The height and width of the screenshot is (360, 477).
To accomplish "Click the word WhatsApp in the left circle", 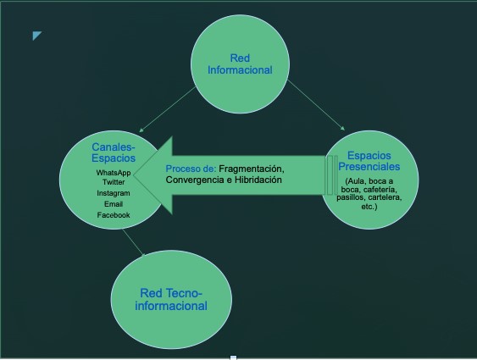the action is point(114,173).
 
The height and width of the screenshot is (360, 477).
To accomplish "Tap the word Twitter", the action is point(114,182).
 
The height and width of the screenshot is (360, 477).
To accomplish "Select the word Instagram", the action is point(114,193).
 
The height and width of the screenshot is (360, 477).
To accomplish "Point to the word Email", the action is point(114,204).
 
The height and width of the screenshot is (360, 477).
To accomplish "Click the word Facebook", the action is point(114,215).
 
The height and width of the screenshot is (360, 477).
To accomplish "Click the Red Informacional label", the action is point(240,64).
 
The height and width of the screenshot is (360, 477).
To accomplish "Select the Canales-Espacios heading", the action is point(114,152).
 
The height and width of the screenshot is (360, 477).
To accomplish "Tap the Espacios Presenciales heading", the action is point(369,161).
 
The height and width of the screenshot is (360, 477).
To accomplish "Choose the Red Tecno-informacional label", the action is point(171,300).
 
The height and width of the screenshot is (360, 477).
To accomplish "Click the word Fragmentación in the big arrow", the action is point(252,169).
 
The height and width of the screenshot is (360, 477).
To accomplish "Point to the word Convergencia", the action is point(195,180).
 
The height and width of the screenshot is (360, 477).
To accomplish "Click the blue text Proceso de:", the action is point(191,169).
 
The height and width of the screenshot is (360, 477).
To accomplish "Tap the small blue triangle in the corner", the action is point(36,35).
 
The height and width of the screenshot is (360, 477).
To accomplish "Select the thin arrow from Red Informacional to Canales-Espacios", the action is point(168,109).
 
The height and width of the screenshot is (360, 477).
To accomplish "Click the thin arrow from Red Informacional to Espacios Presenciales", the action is point(316,105).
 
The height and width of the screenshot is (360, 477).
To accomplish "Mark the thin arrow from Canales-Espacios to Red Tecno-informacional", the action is point(134,242).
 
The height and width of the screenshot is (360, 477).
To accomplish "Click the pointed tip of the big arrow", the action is point(134,175).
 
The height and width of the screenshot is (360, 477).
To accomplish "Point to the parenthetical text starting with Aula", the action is point(369,194).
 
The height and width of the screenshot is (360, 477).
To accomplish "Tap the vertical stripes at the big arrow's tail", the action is point(332,175).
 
